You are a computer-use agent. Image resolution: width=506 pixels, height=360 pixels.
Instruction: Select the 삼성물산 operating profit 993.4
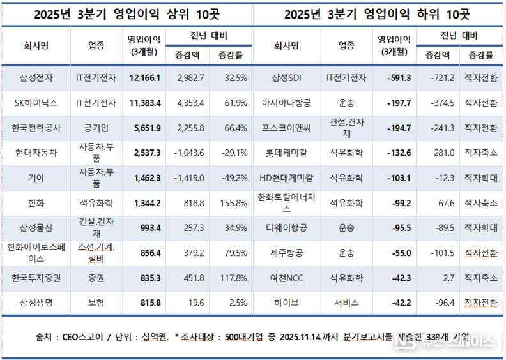[147, 228]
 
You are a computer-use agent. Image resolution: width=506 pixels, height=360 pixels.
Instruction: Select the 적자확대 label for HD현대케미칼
[480, 178]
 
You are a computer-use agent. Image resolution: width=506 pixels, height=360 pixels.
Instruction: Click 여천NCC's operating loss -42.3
[399, 278]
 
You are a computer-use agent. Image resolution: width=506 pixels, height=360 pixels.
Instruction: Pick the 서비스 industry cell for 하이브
[346, 303]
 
